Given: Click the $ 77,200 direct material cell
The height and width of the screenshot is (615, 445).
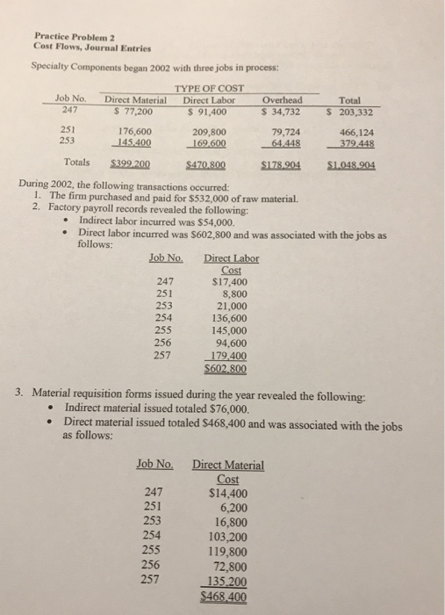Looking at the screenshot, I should [x=130, y=111].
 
